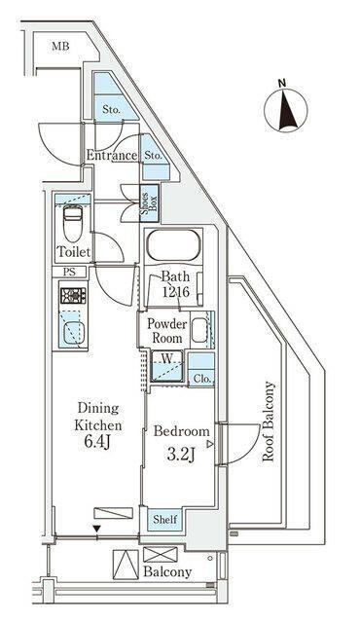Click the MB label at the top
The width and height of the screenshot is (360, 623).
60,47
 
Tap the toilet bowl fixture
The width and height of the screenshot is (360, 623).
73,223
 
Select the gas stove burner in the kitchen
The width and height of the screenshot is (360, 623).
73,296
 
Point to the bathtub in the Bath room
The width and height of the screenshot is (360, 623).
172,245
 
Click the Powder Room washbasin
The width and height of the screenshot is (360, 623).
199,331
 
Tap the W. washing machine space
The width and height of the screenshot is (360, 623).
167,366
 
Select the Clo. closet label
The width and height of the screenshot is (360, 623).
201,379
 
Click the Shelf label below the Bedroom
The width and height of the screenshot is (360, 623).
165,519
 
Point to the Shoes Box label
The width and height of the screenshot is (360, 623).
149,202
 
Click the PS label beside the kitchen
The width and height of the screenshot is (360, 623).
69,273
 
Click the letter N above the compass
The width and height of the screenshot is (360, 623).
282,83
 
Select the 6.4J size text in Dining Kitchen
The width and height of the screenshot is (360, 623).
97,443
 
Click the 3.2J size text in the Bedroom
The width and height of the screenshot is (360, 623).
181,455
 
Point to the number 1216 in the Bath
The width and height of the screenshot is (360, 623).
175,292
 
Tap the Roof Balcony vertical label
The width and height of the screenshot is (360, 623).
269,421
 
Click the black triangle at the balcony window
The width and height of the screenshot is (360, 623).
96,529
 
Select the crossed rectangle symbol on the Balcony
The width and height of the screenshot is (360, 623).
161,554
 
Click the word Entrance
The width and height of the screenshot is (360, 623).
112,156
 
